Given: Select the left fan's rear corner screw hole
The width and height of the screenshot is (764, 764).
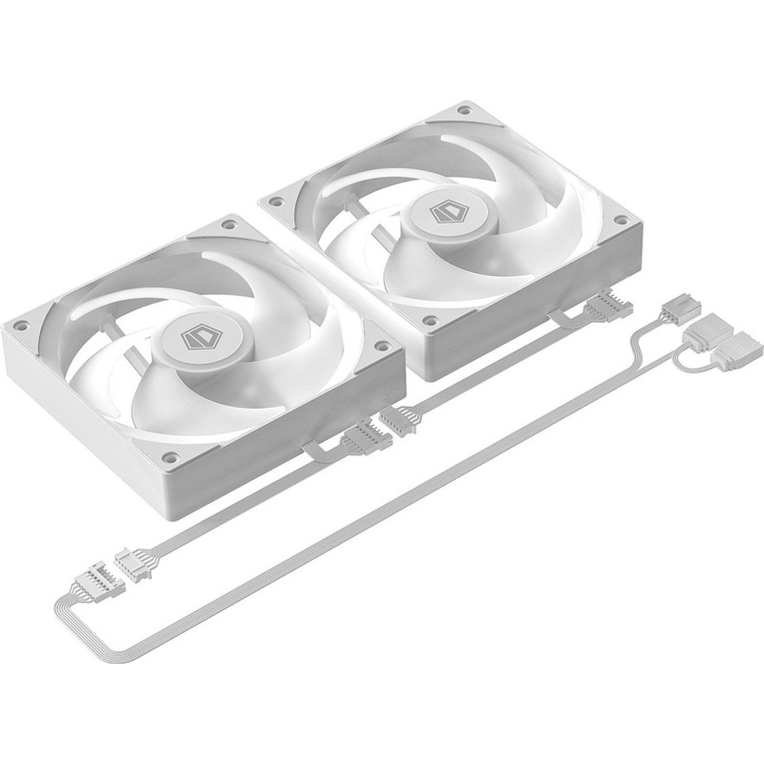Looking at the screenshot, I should click(228, 226).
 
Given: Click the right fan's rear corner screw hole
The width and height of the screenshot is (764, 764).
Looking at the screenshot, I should click(463, 112).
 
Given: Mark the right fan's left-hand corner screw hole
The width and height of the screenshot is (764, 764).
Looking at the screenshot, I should click(275, 202).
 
